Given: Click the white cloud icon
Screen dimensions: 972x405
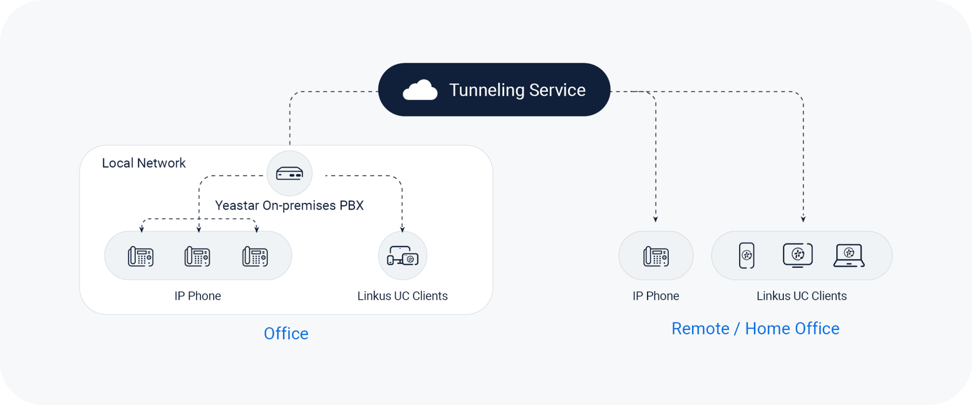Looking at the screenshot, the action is click(420, 90).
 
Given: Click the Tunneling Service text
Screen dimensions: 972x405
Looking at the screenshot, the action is click(517, 90).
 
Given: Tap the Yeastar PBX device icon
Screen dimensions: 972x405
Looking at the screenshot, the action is click(290, 174).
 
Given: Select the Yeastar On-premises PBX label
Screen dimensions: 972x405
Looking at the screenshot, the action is click(289, 206).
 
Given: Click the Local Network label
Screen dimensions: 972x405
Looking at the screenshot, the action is click(144, 163).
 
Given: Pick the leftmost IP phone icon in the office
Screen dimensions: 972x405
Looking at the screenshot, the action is click(141, 256).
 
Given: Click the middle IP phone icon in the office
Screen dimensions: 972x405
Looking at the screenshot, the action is click(197, 256).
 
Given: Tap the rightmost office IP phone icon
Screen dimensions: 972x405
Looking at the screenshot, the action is click(255, 256).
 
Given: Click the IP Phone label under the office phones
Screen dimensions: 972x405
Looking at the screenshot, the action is click(197, 296).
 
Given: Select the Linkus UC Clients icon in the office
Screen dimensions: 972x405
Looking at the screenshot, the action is click(402, 256).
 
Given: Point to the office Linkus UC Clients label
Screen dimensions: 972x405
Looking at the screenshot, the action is click(402, 296).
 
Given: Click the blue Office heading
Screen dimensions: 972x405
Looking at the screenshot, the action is click(286, 334).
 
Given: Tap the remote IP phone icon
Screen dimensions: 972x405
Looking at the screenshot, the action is click(656, 256).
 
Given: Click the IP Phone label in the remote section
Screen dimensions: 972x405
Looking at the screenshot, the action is click(656, 296).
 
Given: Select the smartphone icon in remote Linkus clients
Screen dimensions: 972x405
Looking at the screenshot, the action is click(747, 256).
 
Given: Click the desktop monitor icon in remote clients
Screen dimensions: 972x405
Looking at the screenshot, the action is click(798, 255).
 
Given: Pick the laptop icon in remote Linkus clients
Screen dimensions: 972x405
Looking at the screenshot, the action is click(849, 255).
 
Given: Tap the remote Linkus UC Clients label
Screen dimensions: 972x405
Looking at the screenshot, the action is click(801, 296).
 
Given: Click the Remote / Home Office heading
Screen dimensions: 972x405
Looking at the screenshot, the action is click(755, 329).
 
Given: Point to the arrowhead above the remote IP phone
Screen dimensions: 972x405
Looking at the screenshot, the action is click(656, 219).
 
